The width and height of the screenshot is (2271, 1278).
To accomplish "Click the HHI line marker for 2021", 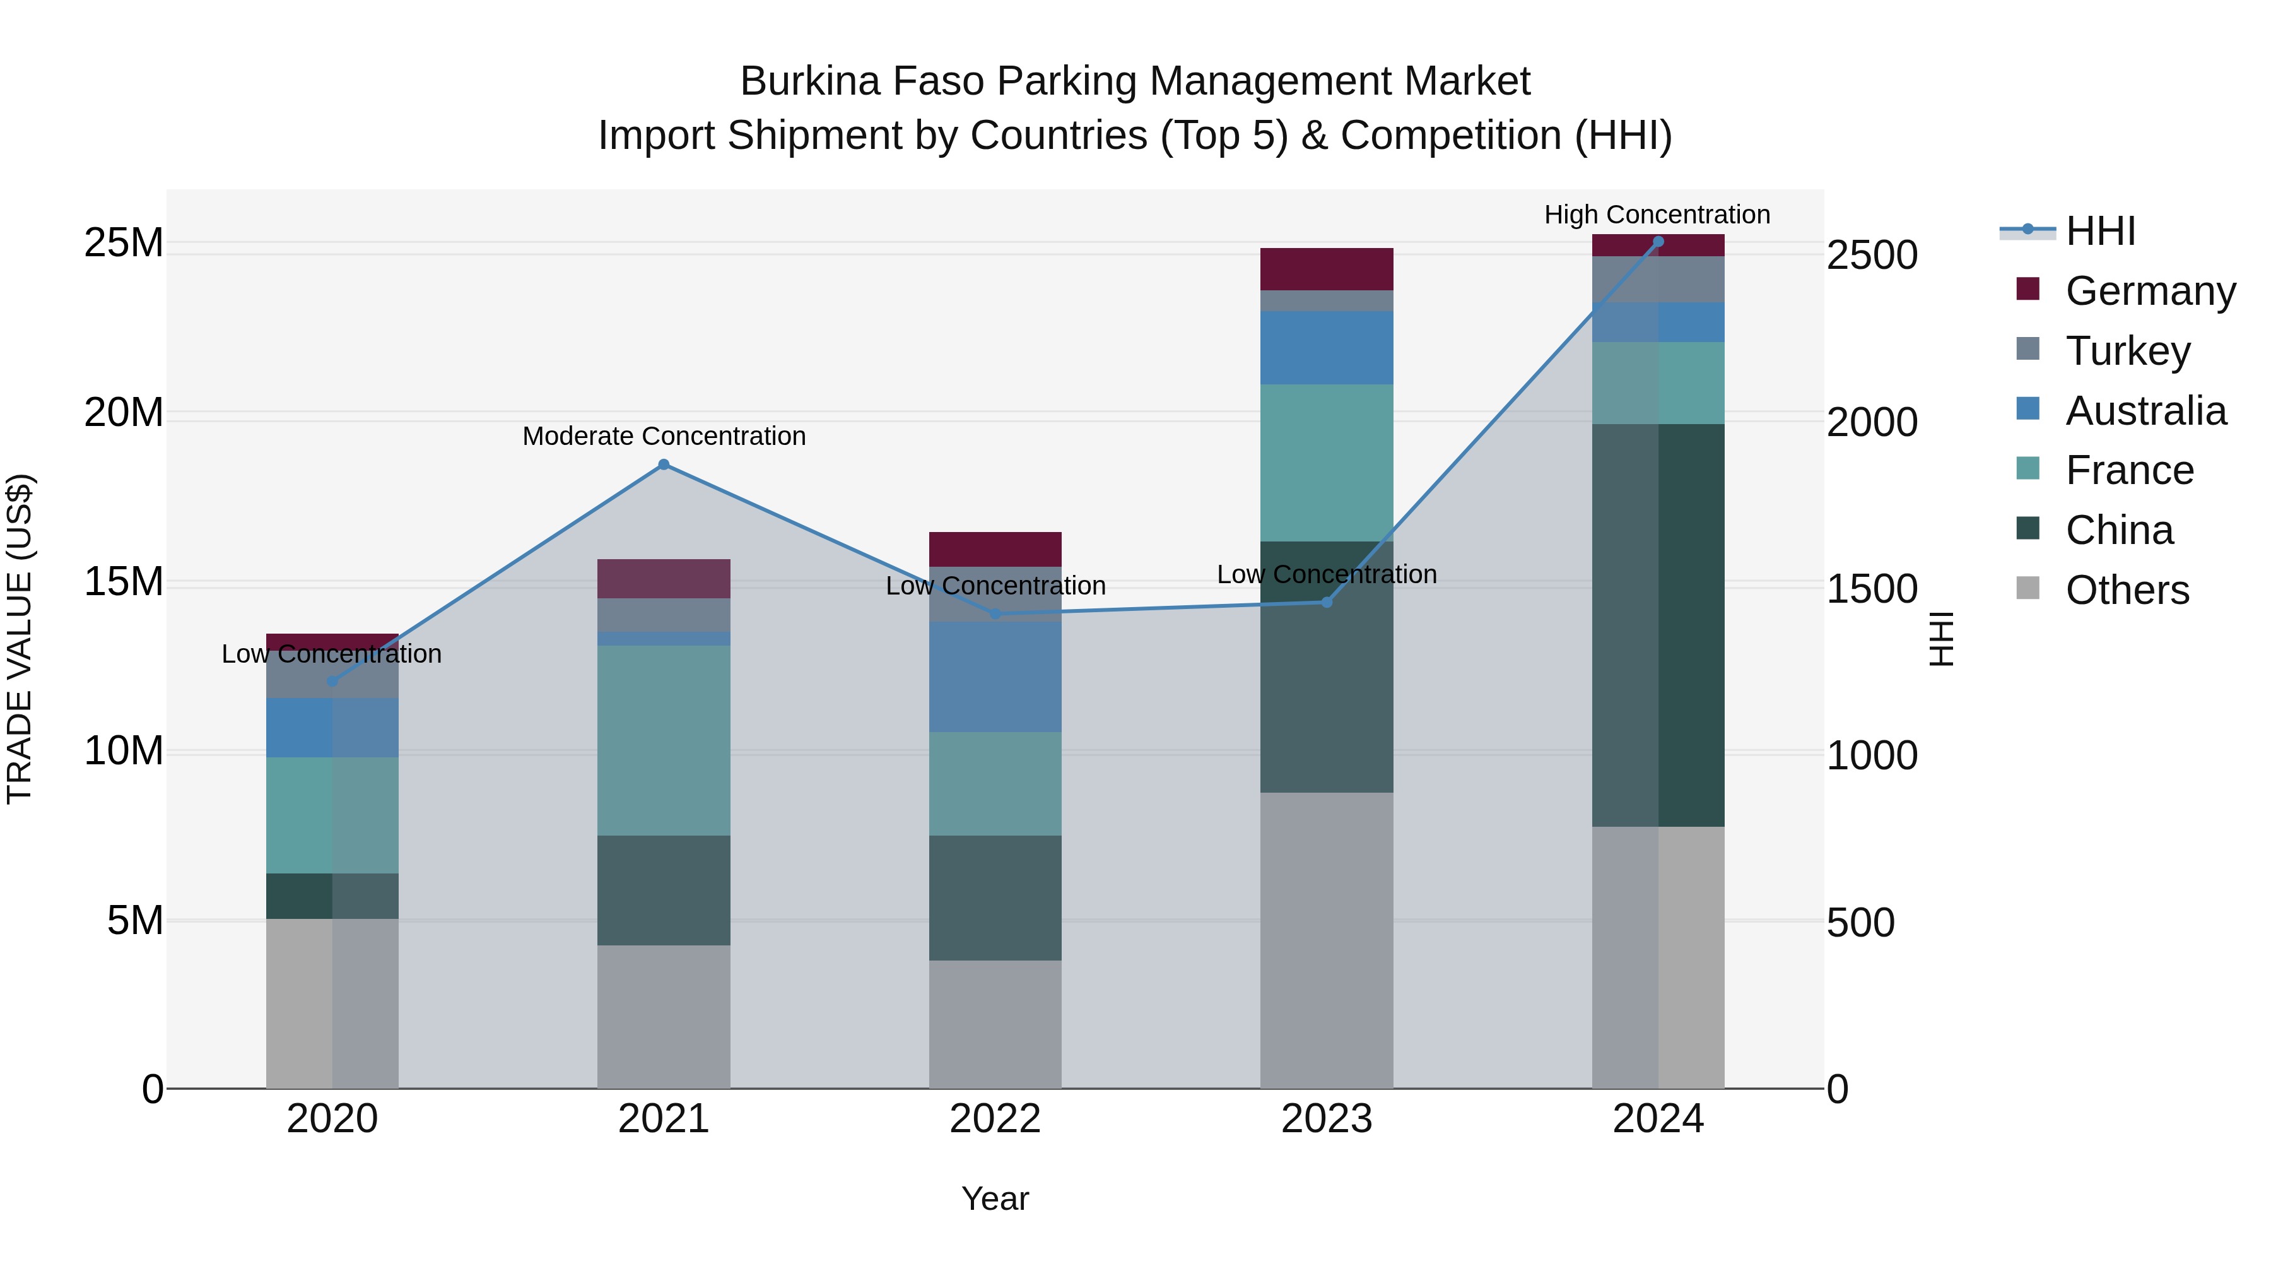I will coord(664,464).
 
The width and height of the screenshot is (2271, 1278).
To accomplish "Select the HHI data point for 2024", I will coord(1657,242).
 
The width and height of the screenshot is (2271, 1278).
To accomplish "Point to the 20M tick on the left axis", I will coord(124,413).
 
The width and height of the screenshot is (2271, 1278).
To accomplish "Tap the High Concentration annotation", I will coord(1657,215).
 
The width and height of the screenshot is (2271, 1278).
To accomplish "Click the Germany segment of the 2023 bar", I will coord(1326,269).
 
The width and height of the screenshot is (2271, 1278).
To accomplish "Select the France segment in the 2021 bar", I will coord(664,740).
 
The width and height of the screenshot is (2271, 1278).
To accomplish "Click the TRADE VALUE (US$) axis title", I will coord(20,639).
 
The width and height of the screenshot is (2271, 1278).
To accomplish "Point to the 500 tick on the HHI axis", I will coord(1860,923).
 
